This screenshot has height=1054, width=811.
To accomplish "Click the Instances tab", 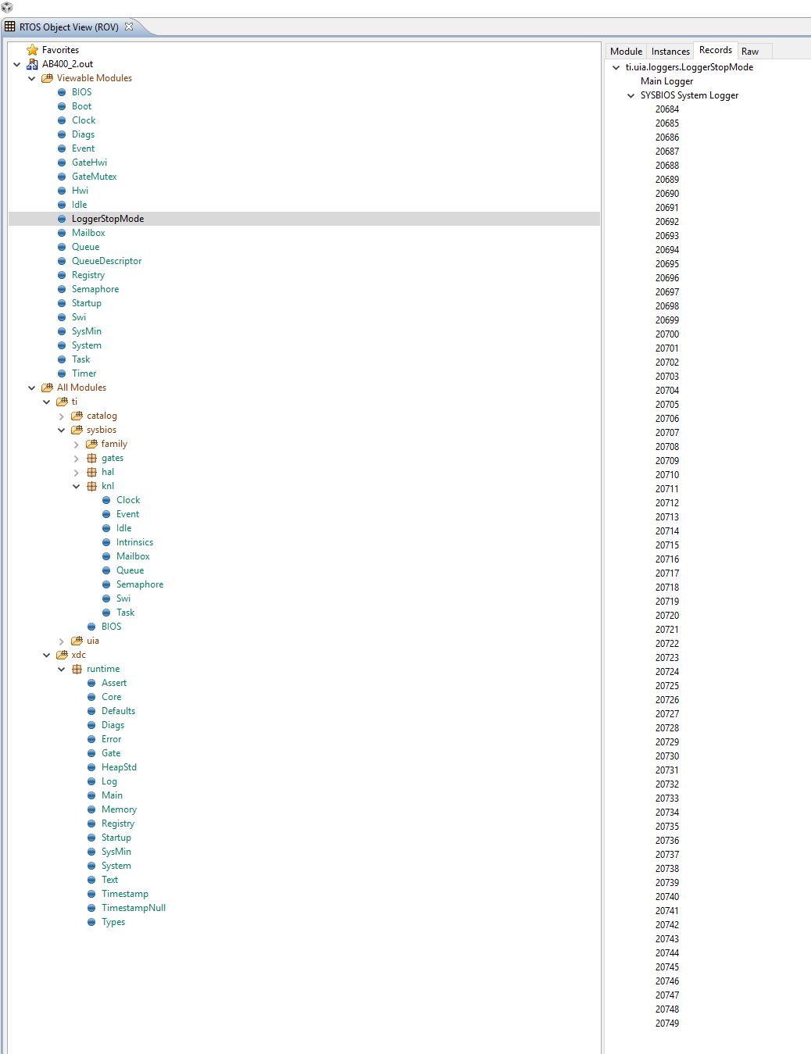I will (670, 52).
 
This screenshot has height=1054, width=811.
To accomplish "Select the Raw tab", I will (750, 52).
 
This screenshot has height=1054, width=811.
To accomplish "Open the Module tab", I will (626, 52).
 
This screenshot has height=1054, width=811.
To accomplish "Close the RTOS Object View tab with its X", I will (129, 27).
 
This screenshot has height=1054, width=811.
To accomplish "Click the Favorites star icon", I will (32, 50).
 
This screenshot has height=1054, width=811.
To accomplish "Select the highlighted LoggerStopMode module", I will (108, 219).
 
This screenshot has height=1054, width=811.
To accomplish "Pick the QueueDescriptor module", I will (106, 261).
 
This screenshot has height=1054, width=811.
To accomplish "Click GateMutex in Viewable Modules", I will (94, 177).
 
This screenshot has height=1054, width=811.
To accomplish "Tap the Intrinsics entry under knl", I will (134, 542).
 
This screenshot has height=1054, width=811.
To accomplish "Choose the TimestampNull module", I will (133, 908).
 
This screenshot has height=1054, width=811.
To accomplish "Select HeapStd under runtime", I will (119, 767).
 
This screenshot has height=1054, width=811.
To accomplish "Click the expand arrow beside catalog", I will (62, 416).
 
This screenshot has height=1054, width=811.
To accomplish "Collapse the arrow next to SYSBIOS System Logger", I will (631, 96).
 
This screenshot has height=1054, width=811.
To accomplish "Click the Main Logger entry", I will (666, 81).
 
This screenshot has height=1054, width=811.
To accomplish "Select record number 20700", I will (667, 334).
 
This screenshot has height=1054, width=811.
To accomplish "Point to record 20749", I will (667, 1024).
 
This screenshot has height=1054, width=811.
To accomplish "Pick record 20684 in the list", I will (667, 109).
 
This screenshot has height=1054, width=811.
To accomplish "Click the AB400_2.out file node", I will (67, 64).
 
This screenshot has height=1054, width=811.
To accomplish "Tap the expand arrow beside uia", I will (62, 641).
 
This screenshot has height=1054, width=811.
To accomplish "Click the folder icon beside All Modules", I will (47, 388).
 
